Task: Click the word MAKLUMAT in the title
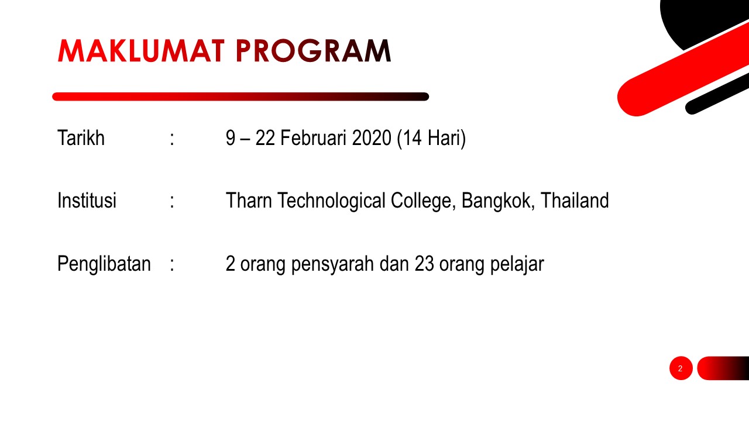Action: click(x=141, y=51)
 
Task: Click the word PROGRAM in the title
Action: click(x=313, y=51)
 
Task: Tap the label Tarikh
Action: click(x=81, y=137)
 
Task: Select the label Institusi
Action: click(x=87, y=201)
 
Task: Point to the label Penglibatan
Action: click(x=104, y=264)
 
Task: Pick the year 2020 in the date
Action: click(x=372, y=137)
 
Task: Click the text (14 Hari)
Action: click(x=431, y=139)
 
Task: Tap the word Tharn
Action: click(x=249, y=201)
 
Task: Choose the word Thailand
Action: click(x=575, y=201)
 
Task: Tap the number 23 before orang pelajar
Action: click(x=424, y=264)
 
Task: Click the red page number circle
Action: click(x=681, y=368)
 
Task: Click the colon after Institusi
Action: click(x=172, y=202)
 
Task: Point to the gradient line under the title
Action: click(x=240, y=96)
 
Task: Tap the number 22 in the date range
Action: click(x=265, y=137)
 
